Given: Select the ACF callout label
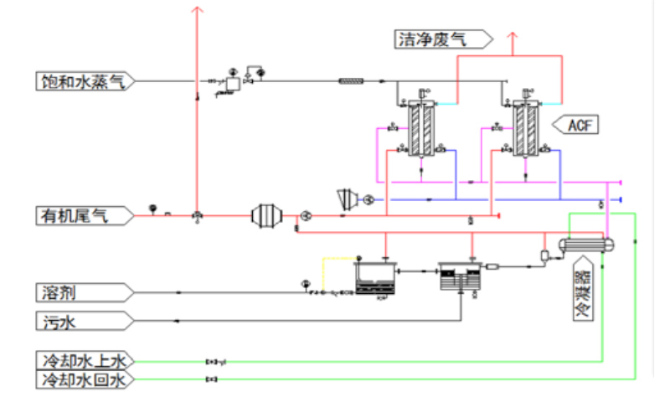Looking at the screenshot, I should pyautogui.click(x=580, y=126).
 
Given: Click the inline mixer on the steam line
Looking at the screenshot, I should pyautogui.click(x=350, y=81).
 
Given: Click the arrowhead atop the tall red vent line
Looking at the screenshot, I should pyautogui.click(x=197, y=10).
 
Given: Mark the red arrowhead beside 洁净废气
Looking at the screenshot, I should pyautogui.click(x=513, y=38).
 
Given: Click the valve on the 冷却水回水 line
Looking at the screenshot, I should pyautogui.click(x=212, y=380).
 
